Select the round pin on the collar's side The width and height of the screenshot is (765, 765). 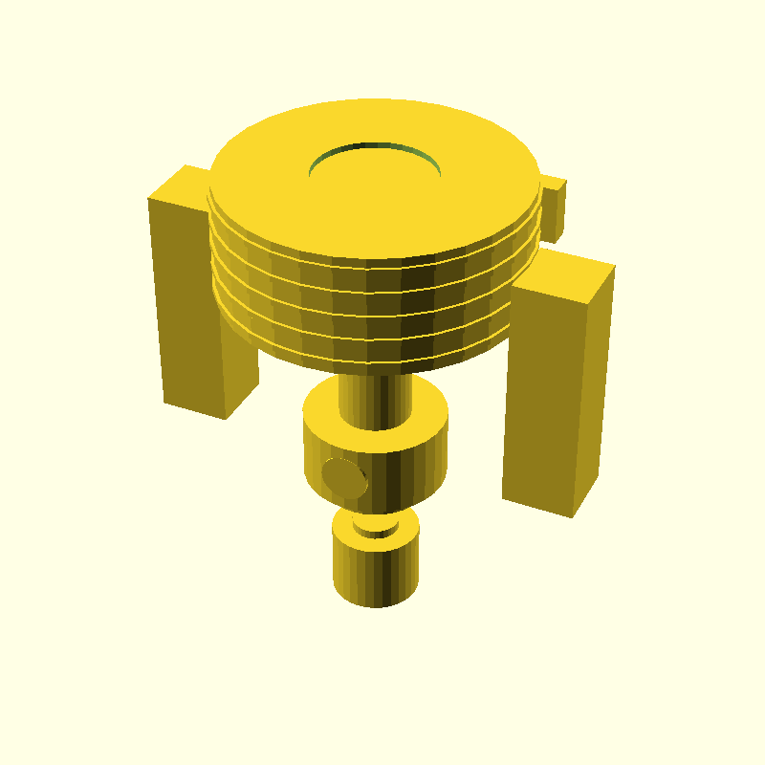click(x=344, y=477)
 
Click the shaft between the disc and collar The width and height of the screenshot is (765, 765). click(x=376, y=400)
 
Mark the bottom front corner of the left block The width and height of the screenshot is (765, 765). click(x=226, y=418)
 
